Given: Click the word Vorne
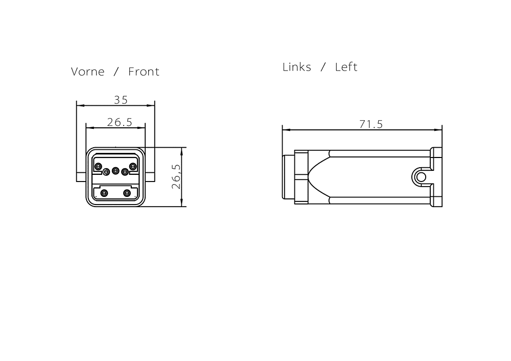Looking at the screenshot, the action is (88, 72).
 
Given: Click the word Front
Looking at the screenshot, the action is (144, 72).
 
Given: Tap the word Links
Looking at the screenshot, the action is (296, 67).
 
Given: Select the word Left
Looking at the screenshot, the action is (346, 67).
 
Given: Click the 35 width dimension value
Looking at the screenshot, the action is (121, 100).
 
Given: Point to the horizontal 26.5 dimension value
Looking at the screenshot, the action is (120, 122).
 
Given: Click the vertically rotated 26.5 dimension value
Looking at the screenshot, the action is (176, 176).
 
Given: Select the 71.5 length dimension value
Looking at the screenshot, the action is (371, 124).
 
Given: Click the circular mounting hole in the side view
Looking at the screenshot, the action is (421, 177).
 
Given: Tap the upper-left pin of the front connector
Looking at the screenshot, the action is (98, 167).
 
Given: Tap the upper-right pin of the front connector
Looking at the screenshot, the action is (133, 167).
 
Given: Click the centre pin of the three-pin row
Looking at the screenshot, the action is (115, 171).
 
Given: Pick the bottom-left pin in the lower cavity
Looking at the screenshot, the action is (104, 193).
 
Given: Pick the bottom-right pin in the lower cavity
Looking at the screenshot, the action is (127, 193).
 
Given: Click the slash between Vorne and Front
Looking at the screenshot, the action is (116, 72).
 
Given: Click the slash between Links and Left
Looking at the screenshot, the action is (323, 67).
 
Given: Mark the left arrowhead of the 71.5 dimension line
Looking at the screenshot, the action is (287, 130).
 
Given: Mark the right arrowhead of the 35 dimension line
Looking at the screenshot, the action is (151, 105).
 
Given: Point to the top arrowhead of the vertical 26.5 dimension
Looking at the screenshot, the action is (181, 151).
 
